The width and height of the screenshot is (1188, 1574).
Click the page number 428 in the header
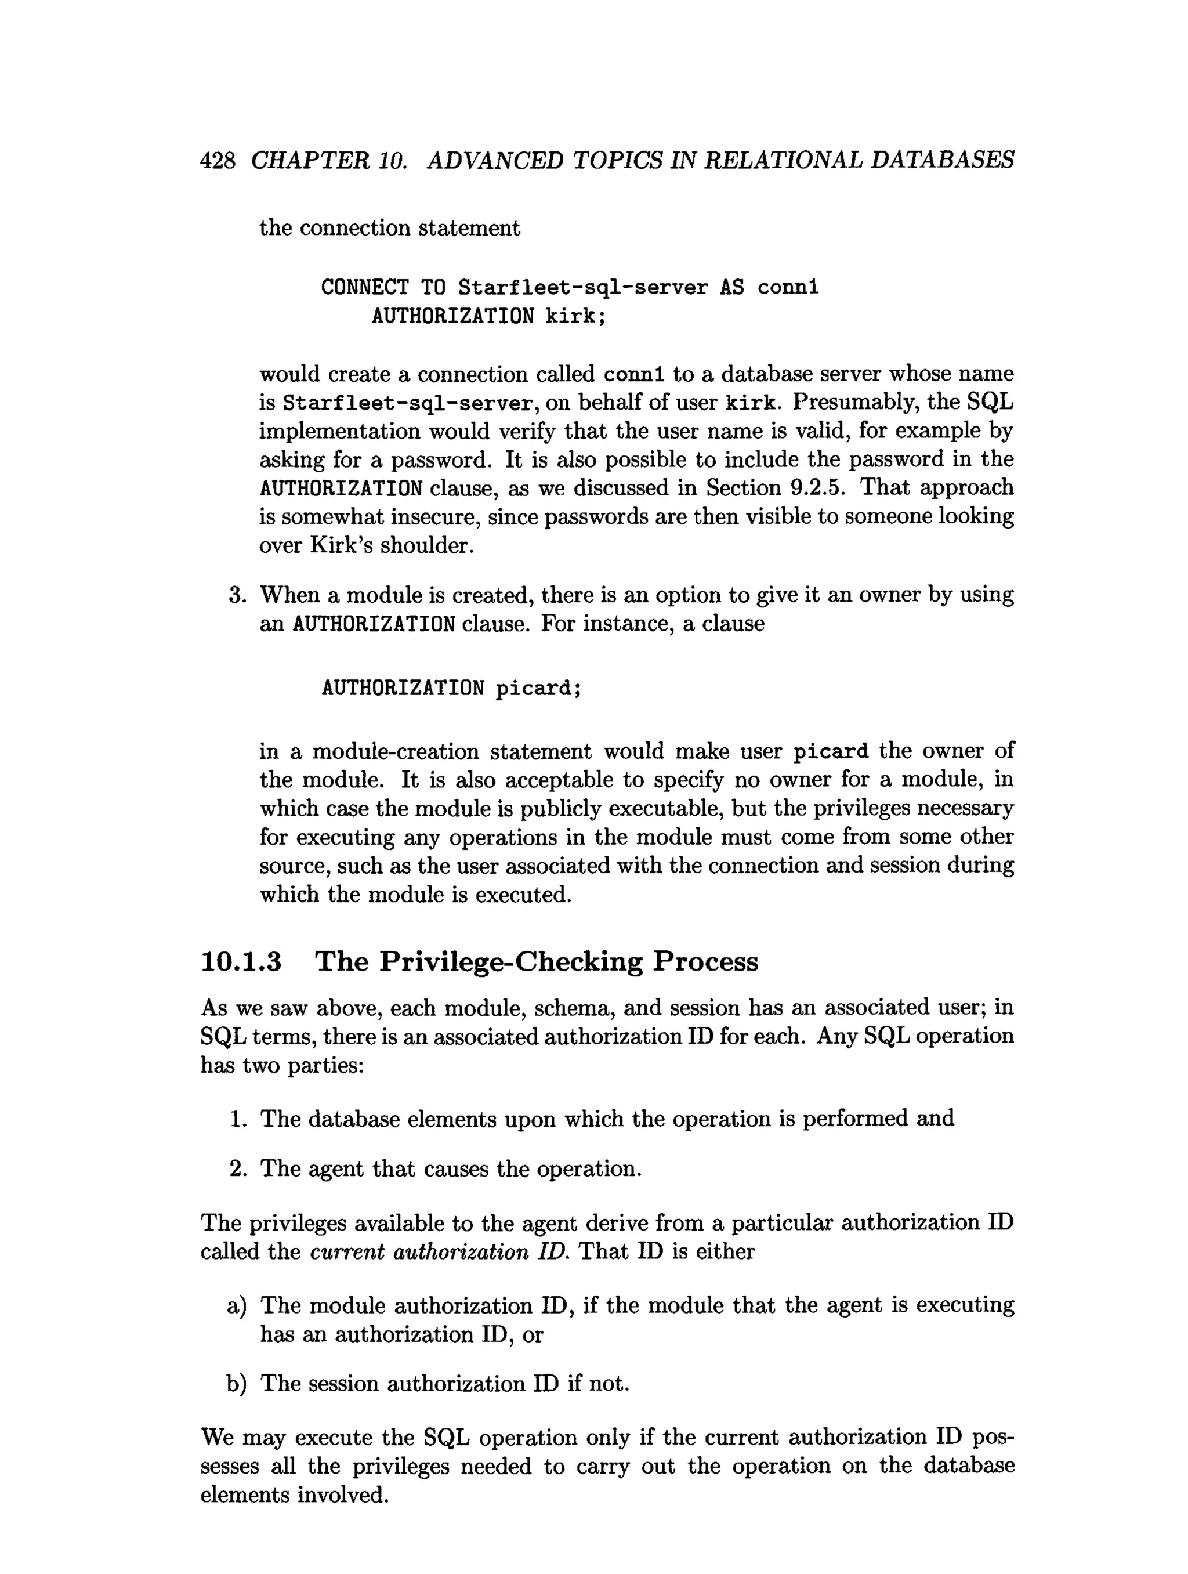pyautogui.click(x=217, y=161)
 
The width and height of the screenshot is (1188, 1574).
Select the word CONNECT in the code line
pyautogui.click(x=364, y=288)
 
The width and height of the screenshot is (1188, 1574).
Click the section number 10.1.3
pyautogui.click(x=241, y=962)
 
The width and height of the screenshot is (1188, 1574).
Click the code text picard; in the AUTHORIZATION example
pyautogui.click(x=538, y=689)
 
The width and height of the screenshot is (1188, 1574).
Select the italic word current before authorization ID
pyautogui.click(x=347, y=1251)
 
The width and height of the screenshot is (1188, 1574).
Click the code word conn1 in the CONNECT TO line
pyautogui.click(x=788, y=288)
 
